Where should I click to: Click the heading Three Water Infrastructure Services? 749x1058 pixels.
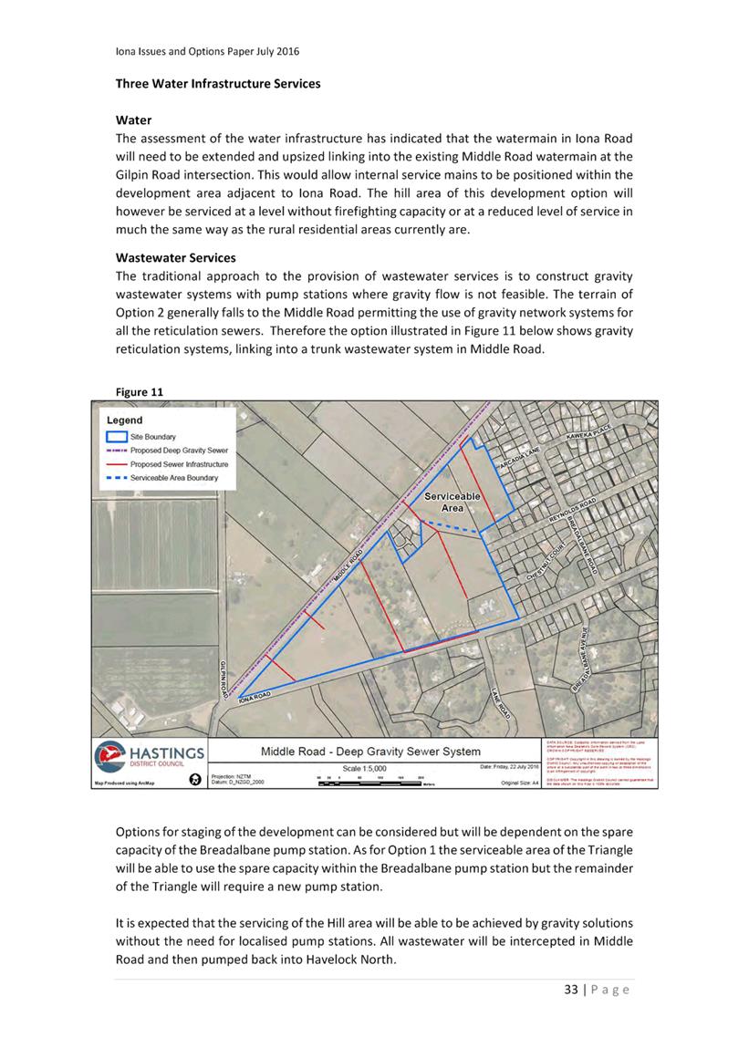coord(217,84)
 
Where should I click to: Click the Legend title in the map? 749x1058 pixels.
coord(125,420)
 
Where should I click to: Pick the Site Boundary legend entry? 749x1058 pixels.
coord(153,438)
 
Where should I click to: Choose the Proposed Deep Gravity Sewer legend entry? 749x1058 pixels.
coord(179,451)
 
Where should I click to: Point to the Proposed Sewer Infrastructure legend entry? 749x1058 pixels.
coord(179,464)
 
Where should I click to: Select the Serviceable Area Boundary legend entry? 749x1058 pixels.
coord(173,478)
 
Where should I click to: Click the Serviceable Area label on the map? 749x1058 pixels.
coord(453,502)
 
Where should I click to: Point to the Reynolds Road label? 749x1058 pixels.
coord(571,509)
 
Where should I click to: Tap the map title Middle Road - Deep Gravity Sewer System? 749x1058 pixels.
coord(370,752)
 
